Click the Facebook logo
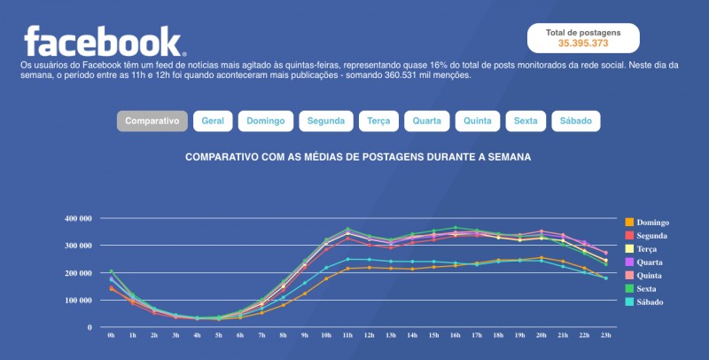click(x=104, y=41)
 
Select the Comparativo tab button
click(x=152, y=121)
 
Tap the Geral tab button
click(x=213, y=121)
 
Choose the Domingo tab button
click(x=266, y=121)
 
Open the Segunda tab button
click(x=325, y=121)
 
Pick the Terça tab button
click(x=378, y=121)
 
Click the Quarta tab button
click(x=428, y=121)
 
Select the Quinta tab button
click(x=478, y=121)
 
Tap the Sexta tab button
click(x=526, y=121)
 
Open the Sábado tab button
click(x=576, y=121)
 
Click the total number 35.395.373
click(x=582, y=43)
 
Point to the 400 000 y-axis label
click(x=78, y=218)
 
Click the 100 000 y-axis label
click(x=78, y=301)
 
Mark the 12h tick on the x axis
click(x=370, y=337)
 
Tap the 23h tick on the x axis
click(x=605, y=337)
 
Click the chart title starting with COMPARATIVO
click(x=358, y=157)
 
